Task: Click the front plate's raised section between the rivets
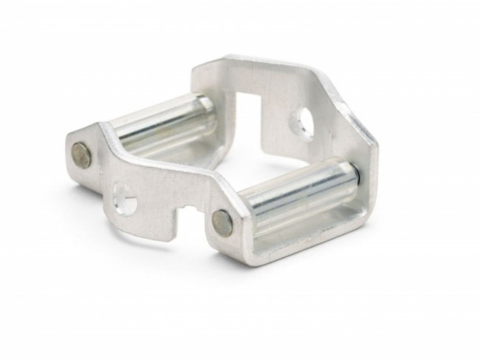(x=162, y=174)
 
